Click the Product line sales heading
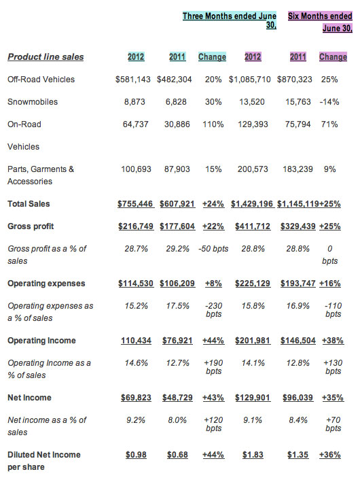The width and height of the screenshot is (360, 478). pyautogui.click(x=46, y=57)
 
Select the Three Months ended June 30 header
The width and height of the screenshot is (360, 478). pyautogui.click(x=230, y=20)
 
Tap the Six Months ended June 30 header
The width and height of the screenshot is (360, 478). pyautogui.click(x=321, y=22)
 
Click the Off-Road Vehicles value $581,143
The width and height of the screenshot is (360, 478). pyautogui.click(x=132, y=80)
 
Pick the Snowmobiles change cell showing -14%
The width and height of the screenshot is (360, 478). pyautogui.click(x=329, y=102)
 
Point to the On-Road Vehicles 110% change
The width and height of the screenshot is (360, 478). pyautogui.click(x=213, y=124)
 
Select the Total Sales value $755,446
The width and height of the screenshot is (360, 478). pyautogui.click(x=136, y=204)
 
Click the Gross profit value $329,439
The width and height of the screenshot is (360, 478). pyautogui.click(x=298, y=226)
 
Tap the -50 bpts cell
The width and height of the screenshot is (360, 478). pyautogui.click(x=213, y=249)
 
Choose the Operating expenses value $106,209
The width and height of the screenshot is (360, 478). pyautogui.click(x=177, y=284)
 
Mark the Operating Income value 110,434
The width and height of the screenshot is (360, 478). pyautogui.click(x=136, y=341)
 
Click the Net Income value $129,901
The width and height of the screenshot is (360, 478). pyautogui.click(x=253, y=398)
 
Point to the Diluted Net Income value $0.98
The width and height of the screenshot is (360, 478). pyautogui.click(x=136, y=455)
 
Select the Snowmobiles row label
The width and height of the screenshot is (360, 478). pyautogui.click(x=33, y=102)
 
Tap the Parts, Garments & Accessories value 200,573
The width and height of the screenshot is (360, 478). pyautogui.click(x=253, y=169)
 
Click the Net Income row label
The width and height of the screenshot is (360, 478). pyautogui.click(x=29, y=398)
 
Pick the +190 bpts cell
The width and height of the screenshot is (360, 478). pyautogui.click(x=213, y=367)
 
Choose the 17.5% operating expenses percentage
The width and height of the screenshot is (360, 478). pyautogui.click(x=177, y=306)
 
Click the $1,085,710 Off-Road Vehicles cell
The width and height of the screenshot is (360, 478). pyautogui.click(x=250, y=80)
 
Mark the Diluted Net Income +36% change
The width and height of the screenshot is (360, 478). pyautogui.click(x=330, y=455)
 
